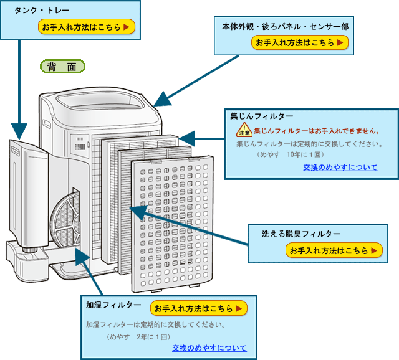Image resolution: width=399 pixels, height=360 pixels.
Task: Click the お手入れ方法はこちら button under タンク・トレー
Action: pos(86,27)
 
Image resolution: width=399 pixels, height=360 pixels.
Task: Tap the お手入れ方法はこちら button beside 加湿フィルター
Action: pos(199,308)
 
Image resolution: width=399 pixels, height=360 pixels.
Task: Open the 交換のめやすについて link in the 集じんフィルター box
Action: pos(340,168)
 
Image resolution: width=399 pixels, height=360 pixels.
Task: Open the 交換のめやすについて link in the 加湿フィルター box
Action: pos(209,348)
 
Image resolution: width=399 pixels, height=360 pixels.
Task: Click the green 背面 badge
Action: pos(62,66)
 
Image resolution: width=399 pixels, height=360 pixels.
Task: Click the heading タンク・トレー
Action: pos(42,11)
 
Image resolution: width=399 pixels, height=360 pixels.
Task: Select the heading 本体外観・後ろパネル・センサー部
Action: pos(285,27)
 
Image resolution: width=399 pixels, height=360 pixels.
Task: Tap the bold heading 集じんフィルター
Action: pos(261,116)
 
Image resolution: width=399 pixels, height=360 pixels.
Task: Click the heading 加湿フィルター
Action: pos(113,305)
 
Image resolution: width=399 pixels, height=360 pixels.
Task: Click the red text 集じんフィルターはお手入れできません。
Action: pos(317,131)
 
